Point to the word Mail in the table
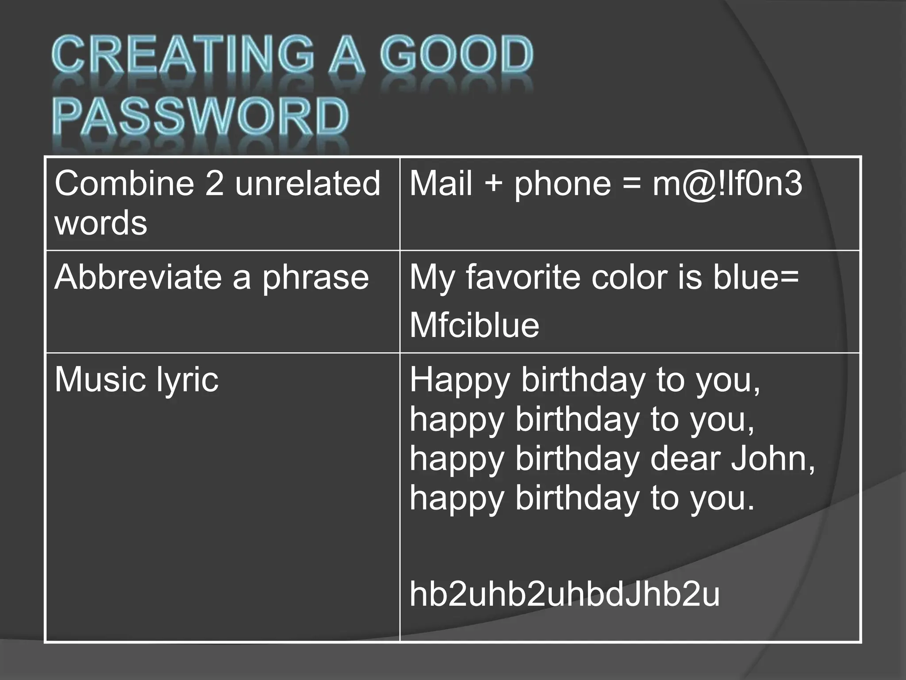tap(441, 183)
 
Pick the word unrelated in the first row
tap(307, 183)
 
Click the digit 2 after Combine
tap(215, 183)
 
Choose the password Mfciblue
tap(474, 325)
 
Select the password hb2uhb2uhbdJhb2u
tap(564, 594)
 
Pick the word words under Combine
tap(101, 222)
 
